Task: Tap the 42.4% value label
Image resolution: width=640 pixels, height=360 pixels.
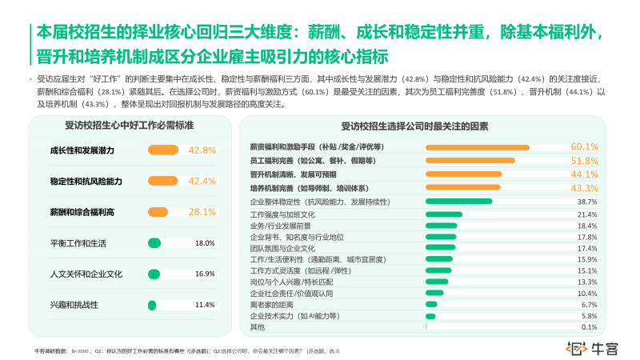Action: [202, 182]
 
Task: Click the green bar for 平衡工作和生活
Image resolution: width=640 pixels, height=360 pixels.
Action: [155, 242]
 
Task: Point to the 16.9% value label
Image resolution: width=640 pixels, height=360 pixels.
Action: [205, 274]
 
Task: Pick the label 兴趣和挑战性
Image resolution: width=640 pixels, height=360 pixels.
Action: [74, 305]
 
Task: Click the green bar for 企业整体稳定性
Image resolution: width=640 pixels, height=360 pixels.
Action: [459, 202]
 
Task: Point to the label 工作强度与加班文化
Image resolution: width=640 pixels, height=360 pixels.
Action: [283, 215]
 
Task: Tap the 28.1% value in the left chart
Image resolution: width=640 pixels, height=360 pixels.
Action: [202, 212]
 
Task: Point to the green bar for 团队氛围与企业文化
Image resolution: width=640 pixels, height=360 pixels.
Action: [441, 248]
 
